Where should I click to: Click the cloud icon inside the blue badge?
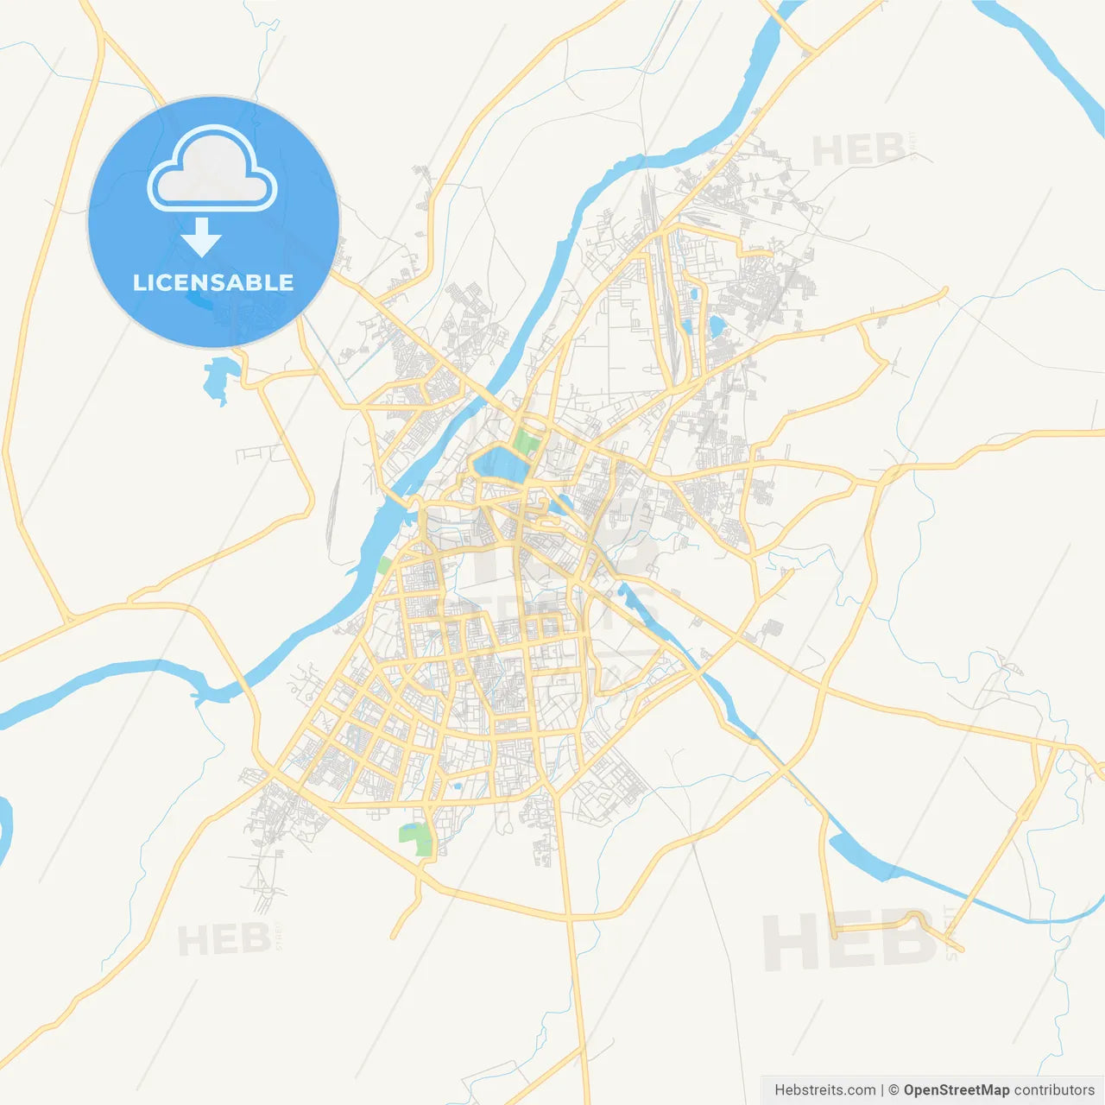(x=212, y=170)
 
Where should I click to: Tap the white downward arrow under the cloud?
(x=201, y=237)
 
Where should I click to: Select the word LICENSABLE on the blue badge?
(x=213, y=282)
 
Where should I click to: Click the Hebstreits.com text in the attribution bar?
(x=824, y=1090)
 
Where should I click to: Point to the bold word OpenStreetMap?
(x=956, y=1090)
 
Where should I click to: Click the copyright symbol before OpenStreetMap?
(x=893, y=1090)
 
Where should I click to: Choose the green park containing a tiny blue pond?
(x=418, y=838)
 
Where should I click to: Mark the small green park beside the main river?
(x=384, y=565)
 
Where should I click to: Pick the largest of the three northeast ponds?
(x=717, y=326)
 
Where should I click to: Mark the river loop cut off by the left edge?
(x=4, y=829)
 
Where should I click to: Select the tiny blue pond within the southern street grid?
(x=455, y=786)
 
